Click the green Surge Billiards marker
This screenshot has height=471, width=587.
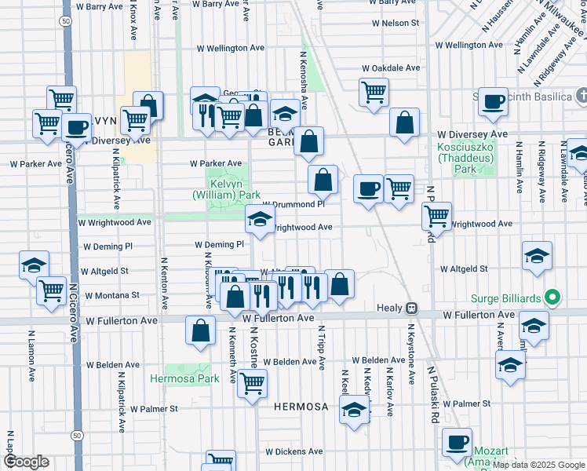coord(552,298)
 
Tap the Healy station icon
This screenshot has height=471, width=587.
coord(410,308)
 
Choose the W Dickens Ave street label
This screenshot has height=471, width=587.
coord(294,451)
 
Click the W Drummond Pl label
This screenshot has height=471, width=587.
coord(293,203)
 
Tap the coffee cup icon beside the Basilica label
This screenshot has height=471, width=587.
coord(494,102)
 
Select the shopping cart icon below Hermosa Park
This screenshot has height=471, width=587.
coord(251,383)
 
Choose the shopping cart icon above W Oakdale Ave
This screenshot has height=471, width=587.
coord(374,91)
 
